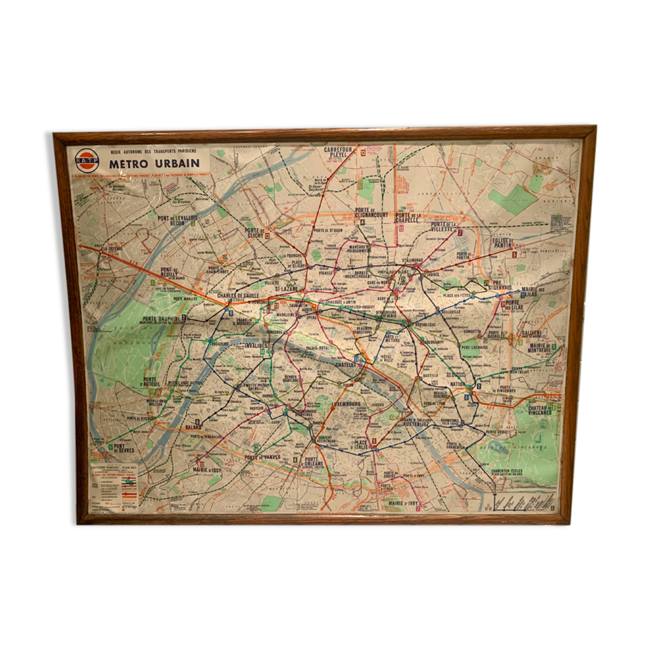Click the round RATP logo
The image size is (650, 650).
pos(86,160)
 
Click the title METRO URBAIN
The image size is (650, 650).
pos(154,162)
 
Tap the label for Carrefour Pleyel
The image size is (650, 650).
pos(341,152)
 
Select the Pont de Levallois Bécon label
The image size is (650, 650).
pos(177,220)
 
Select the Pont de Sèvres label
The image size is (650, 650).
pos(121,448)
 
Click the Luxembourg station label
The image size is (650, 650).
pos(346,404)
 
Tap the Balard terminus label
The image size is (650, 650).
pos(192,427)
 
